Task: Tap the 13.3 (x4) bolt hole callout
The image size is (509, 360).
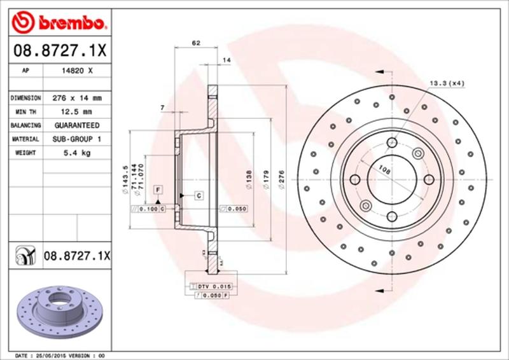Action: click(x=447, y=83)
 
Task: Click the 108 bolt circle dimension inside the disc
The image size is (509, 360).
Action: click(x=384, y=169)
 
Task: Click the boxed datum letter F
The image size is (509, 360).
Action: click(x=157, y=189)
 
